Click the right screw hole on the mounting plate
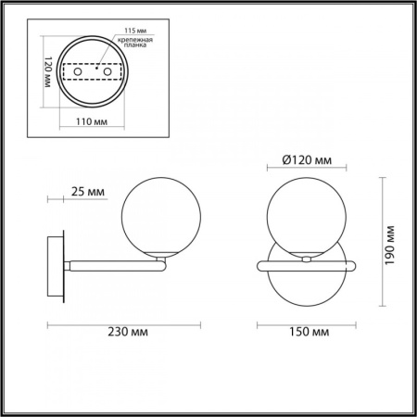pyautogui.click(x=107, y=71)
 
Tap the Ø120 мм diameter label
pyautogui.click(x=306, y=160)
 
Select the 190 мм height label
pyautogui.click(x=392, y=245)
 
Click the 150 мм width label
pyautogui.click(x=306, y=331)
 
